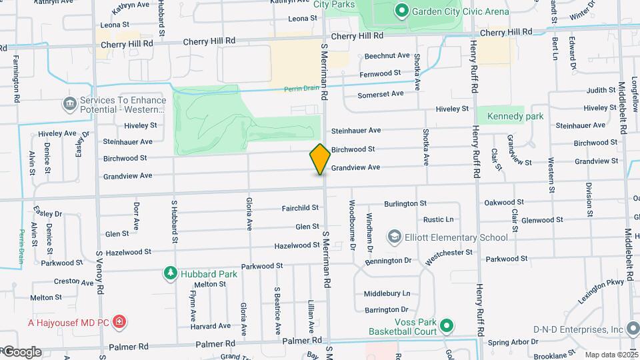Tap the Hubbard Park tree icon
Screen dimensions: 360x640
(x=171, y=273)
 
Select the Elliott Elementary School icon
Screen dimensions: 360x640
(x=395, y=237)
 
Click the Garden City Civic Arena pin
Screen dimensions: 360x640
(x=401, y=11)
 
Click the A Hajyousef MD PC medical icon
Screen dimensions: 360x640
(x=119, y=323)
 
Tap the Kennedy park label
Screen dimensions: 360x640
(x=515, y=116)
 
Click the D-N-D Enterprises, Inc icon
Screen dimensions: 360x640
(x=634, y=329)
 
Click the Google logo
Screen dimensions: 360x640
(x=22, y=351)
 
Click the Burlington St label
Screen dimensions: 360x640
(x=405, y=203)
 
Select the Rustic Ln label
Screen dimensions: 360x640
(x=438, y=219)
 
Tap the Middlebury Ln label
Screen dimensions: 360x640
(x=387, y=293)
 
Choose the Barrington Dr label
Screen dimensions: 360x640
(x=385, y=309)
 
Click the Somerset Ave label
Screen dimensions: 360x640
(x=381, y=95)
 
